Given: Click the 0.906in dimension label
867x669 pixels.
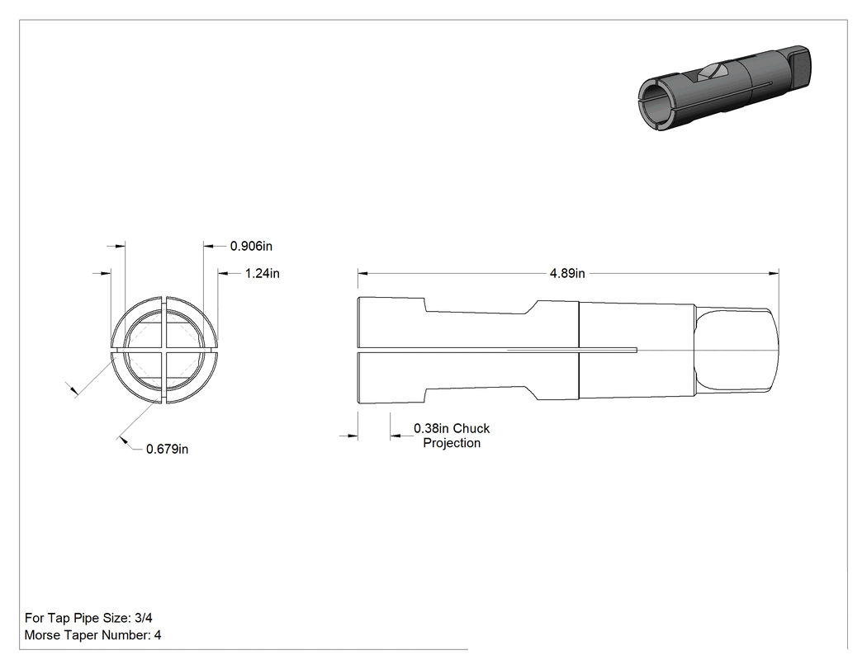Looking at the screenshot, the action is tap(251, 247).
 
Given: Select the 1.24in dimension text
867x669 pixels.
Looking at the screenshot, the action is tap(262, 273).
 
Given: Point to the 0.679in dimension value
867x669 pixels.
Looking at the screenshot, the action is tap(167, 449).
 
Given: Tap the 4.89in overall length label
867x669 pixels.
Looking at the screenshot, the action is tap(567, 273).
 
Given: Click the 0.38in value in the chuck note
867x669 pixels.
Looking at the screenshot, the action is tap(431, 429).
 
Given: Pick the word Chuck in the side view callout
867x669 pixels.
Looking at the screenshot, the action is tap(471, 429).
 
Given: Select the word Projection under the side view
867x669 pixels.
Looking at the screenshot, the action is tap(452, 443).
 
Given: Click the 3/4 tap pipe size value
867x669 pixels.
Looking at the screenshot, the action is tap(143, 618).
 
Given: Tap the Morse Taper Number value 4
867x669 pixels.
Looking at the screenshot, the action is tap(158, 635).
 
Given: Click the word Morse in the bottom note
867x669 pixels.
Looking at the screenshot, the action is tap(42, 635).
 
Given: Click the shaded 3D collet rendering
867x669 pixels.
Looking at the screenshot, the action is tap(724, 88).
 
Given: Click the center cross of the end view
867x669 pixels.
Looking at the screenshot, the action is tap(164, 351).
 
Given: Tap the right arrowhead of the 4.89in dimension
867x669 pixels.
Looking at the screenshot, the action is tap(775, 273).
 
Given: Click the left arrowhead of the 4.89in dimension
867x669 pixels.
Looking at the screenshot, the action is tap(362, 273).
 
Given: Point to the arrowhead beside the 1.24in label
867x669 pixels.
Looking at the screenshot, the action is tap(223, 273).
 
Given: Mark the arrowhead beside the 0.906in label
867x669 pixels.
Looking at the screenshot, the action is tap(209, 246).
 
